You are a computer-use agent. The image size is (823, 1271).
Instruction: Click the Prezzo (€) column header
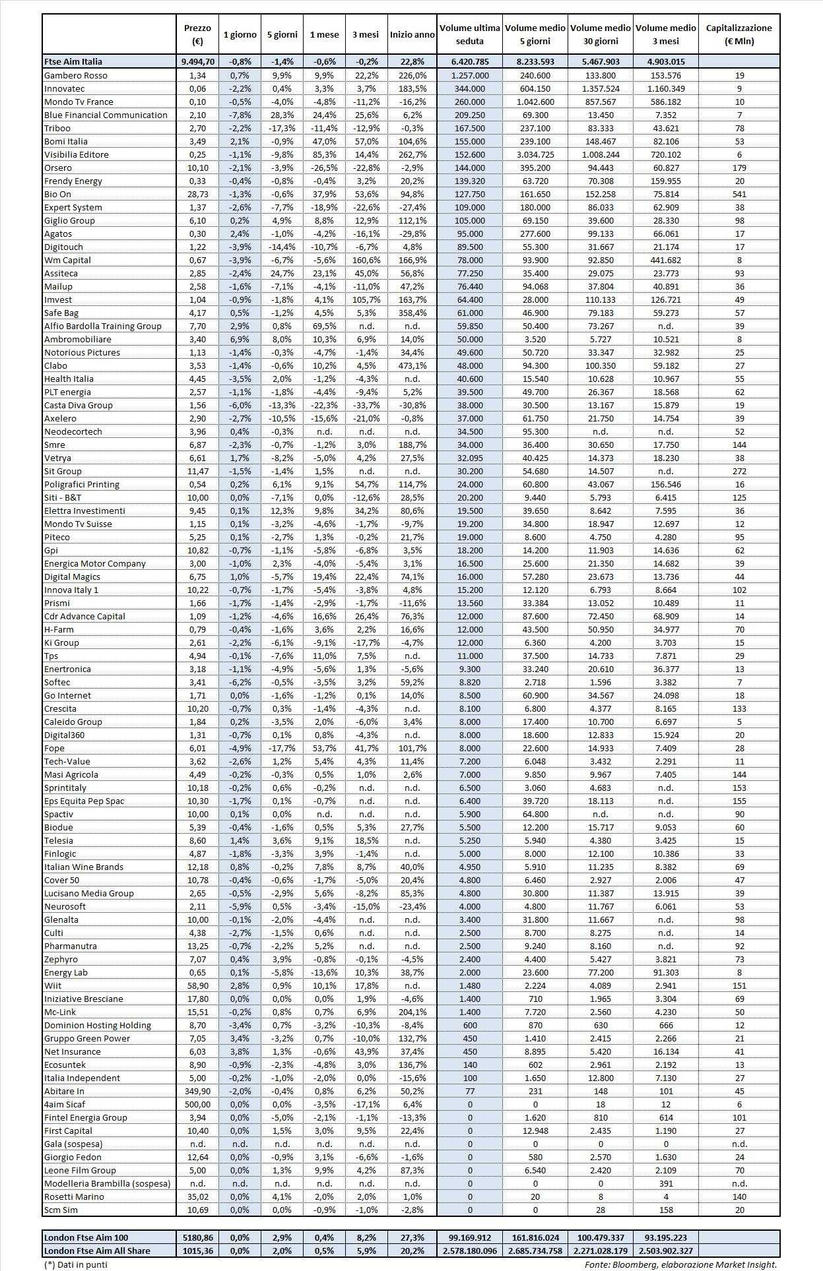197,34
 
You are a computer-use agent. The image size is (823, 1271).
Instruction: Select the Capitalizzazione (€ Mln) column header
739,34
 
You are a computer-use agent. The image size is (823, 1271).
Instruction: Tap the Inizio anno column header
412,34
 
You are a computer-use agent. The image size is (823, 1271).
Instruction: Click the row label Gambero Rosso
75,75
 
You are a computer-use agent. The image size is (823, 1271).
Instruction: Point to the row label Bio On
57,194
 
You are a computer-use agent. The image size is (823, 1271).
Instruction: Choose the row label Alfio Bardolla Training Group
102,326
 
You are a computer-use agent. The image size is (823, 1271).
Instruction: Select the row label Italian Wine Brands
84,867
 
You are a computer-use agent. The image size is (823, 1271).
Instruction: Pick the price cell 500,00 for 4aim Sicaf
197,1104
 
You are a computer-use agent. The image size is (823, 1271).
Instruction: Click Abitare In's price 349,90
197,1091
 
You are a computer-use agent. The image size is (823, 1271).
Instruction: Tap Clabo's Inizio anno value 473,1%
412,365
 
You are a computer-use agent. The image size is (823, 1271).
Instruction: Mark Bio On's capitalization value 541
739,194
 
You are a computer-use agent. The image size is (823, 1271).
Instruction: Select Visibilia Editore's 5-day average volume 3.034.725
535,154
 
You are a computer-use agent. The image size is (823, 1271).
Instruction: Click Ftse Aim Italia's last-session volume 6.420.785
470,61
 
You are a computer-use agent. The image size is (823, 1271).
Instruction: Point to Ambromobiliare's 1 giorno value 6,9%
240,339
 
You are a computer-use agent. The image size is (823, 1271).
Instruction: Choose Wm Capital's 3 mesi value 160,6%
366,260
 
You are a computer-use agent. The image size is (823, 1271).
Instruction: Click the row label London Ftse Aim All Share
97,1251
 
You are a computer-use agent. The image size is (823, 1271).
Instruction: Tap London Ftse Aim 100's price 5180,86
197,1237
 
